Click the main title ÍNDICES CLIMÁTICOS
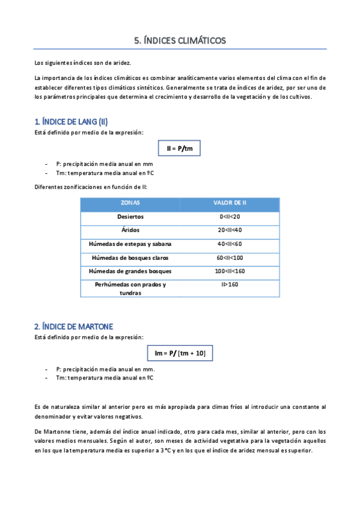[x=180, y=41]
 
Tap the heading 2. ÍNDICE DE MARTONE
[x=73, y=327]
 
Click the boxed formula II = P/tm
[x=180, y=148]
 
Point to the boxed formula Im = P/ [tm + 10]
[x=180, y=353]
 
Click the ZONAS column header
[x=130, y=203]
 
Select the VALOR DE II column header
[x=230, y=203]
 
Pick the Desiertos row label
[x=130, y=217]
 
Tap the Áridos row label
[x=130, y=230]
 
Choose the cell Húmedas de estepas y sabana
[x=130, y=244]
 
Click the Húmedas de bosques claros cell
[x=130, y=258]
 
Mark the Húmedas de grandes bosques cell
[x=130, y=271]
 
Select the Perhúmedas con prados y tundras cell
[x=130, y=289]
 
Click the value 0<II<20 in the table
[x=230, y=217]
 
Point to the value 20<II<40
[x=230, y=230]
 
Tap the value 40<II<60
[x=230, y=244]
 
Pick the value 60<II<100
[x=230, y=258]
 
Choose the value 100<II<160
[x=230, y=271]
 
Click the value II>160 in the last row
[x=230, y=284]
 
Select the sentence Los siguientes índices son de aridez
[x=82, y=63]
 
